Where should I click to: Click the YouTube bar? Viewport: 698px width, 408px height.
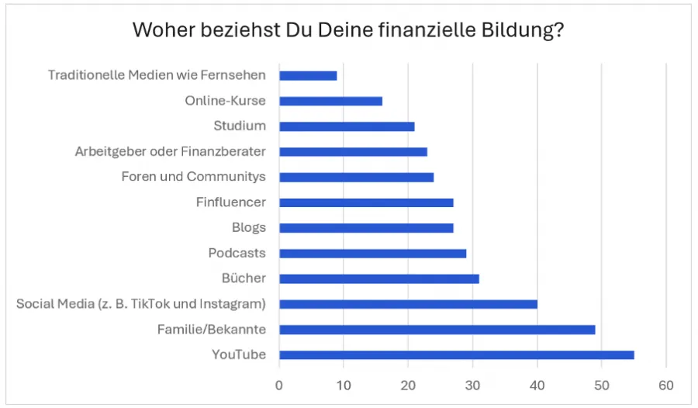[456, 355]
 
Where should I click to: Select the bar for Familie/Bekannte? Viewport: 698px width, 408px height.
[437, 330]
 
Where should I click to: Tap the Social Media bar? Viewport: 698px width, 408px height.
[408, 304]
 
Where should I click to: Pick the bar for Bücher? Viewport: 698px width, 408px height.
[378, 278]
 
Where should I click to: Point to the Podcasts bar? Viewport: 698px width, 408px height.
[372, 253]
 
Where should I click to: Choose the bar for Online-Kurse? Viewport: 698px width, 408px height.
[330, 101]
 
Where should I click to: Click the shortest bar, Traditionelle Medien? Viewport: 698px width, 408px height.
[308, 75]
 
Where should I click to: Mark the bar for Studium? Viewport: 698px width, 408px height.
[347, 126]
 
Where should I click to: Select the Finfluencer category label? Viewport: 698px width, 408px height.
[231, 202]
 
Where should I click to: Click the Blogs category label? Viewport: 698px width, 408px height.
[248, 228]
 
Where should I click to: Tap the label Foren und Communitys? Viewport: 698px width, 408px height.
[193, 177]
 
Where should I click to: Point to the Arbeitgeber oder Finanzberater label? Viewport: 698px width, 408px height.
[170, 152]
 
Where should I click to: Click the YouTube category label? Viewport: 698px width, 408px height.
[239, 355]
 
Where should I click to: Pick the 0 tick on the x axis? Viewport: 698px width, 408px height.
[279, 384]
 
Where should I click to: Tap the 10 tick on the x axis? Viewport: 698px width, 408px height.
[344, 384]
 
